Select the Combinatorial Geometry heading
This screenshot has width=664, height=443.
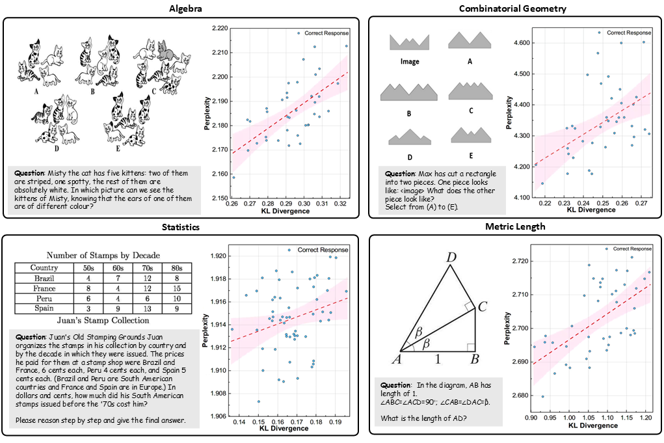point(512,8)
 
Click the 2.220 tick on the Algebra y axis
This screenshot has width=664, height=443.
point(220,29)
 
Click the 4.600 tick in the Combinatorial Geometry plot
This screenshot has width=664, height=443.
point(521,43)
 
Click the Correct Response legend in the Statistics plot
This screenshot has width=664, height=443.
point(322,250)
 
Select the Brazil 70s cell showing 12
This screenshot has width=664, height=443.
point(148,278)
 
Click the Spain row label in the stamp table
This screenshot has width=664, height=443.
point(44,308)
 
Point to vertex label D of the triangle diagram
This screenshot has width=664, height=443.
point(451,258)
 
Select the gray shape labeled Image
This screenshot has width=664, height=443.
point(409,42)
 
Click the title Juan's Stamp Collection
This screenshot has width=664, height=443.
point(102,321)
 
